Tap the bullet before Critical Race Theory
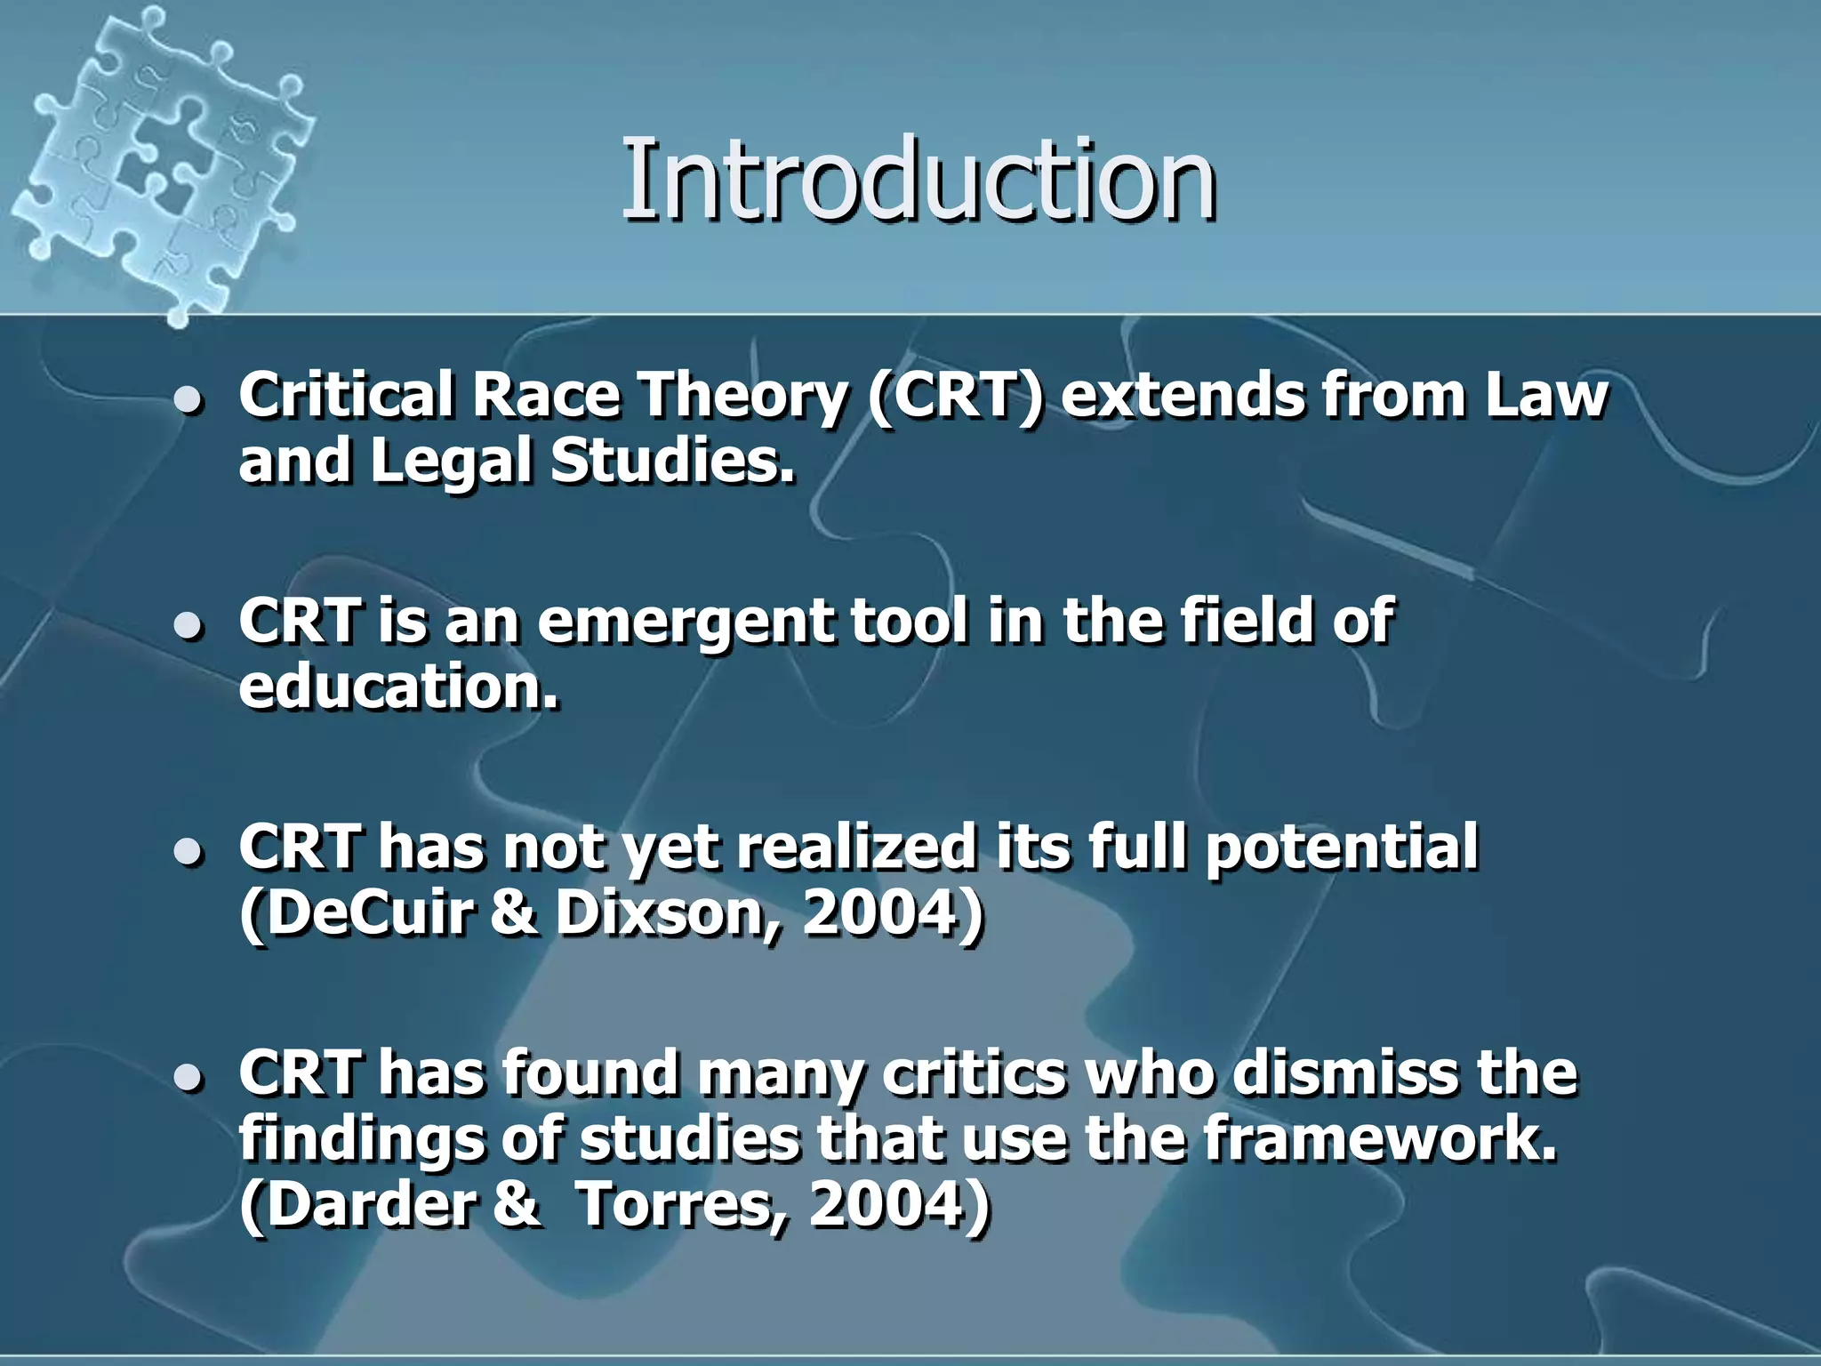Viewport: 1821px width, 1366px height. tap(189, 401)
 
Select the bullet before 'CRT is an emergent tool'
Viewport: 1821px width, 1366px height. tap(189, 627)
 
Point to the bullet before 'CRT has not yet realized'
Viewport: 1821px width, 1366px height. tap(189, 853)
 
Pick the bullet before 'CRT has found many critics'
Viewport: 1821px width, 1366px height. tap(189, 1079)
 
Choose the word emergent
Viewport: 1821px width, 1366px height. tap(685, 622)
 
